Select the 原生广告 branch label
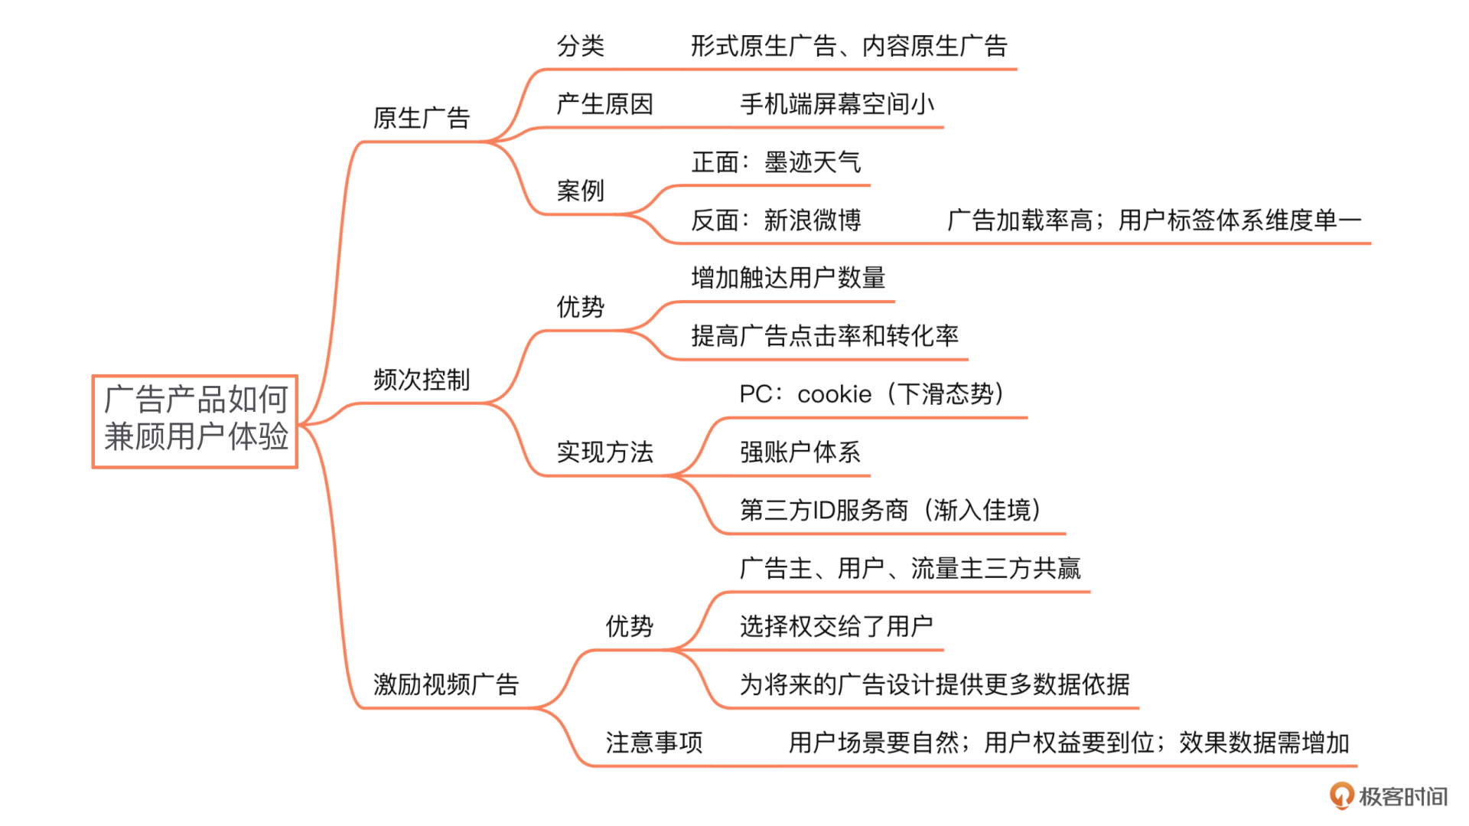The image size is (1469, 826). click(421, 118)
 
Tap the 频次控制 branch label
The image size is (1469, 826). click(421, 380)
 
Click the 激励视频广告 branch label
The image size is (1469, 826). click(445, 684)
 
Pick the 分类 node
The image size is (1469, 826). click(580, 46)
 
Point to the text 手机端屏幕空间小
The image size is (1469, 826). click(836, 103)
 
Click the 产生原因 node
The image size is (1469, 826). click(604, 103)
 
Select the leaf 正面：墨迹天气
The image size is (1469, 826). click(776, 162)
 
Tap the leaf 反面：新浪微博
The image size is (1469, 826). click(776, 220)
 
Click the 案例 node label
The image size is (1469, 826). click(580, 190)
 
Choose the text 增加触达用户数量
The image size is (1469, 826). click(788, 277)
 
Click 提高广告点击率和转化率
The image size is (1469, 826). click(824, 335)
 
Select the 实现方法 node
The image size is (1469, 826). click(604, 452)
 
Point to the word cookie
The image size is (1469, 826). click(834, 394)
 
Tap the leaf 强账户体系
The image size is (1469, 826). click(800, 452)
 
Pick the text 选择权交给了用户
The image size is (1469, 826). click(835, 626)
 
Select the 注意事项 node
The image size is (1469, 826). click(653, 742)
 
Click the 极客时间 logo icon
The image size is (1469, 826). click(1341, 795)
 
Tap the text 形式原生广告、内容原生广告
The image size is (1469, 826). click(849, 46)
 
